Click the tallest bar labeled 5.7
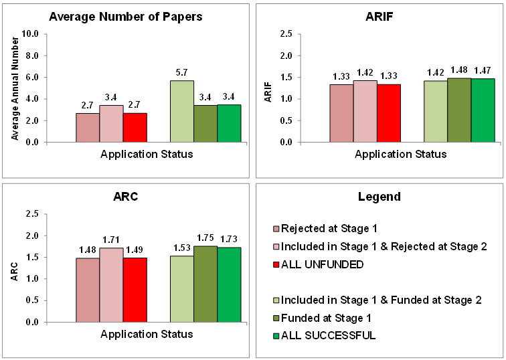[182, 111]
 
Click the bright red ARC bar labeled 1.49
[135, 289]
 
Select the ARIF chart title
[378, 17]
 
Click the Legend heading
[378, 197]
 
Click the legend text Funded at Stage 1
[326, 317]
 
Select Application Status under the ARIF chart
[400, 154]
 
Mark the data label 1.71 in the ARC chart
[111, 238]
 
